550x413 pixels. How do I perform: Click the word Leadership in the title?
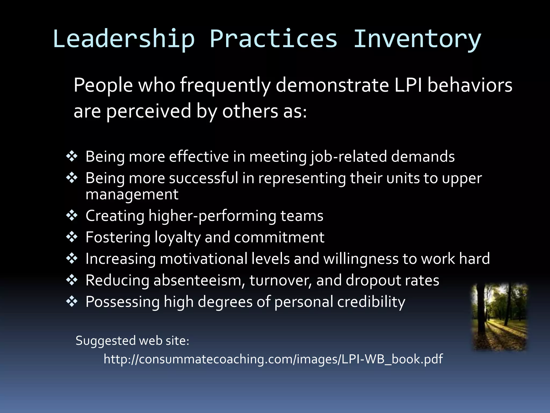click(124, 39)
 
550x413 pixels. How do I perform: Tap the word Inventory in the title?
click(417, 39)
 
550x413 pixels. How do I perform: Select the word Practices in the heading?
click(273, 39)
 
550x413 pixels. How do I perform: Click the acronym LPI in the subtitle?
click(408, 85)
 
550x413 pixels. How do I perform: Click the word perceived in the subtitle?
click(149, 111)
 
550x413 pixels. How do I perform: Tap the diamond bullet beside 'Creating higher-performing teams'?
click(72, 216)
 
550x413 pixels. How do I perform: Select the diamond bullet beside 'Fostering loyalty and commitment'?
click(72, 237)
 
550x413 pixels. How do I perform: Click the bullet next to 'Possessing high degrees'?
click(72, 301)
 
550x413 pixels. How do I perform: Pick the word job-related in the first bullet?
click(348, 157)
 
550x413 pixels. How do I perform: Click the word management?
click(132, 195)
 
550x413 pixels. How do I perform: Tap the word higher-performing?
click(212, 216)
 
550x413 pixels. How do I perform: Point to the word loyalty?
click(178, 238)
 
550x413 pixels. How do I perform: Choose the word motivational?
click(203, 259)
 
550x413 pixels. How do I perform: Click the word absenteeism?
click(199, 280)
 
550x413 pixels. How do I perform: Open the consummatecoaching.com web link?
click(273, 359)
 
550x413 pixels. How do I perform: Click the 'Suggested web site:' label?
click(132, 341)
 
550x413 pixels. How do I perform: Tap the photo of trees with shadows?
click(500, 317)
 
